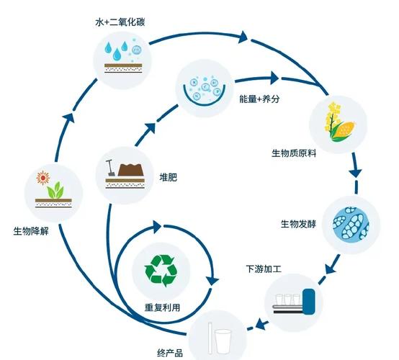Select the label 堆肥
pos(167,176)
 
